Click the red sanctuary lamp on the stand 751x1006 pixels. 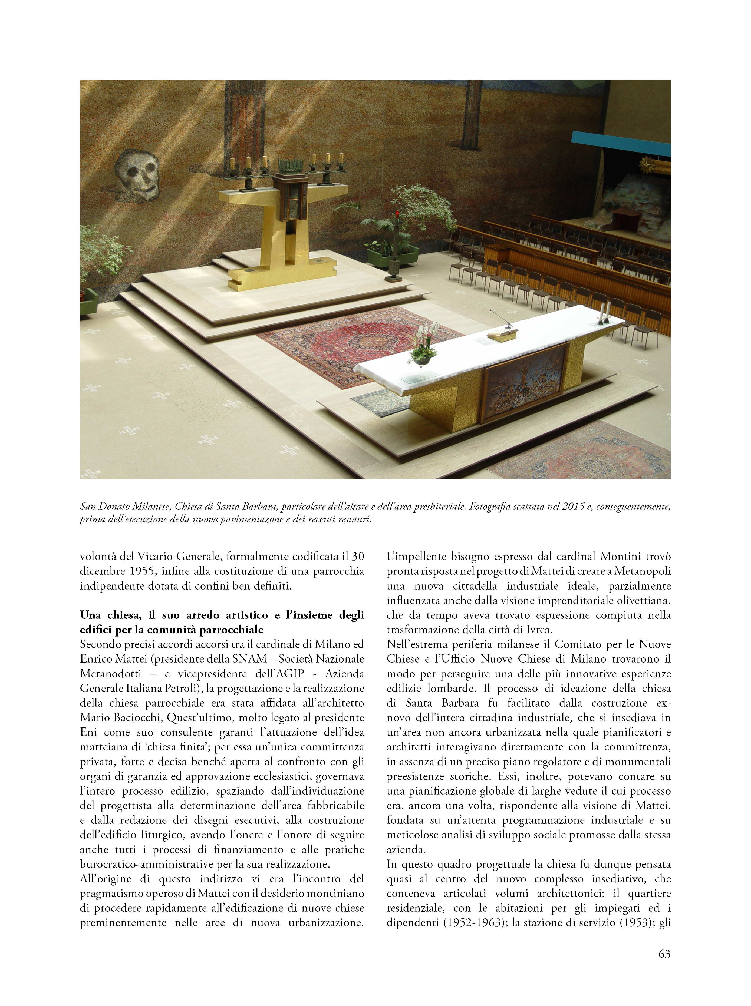(398, 215)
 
